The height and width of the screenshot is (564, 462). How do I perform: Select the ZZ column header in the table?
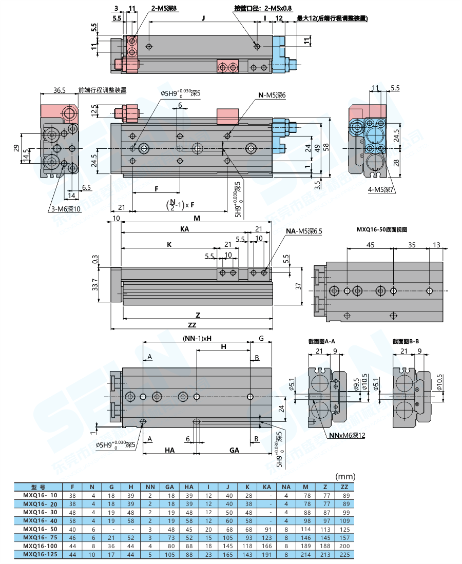pos(344,487)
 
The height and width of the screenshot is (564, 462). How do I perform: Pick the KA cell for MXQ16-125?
pos(266,554)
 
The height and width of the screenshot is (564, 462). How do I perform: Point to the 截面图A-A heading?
pos(321,341)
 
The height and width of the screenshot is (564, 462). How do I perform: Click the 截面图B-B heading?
pos(406,341)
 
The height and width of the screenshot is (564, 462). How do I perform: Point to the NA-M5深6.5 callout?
pos(304,232)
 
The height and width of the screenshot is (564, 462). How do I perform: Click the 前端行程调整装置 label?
pos(102,90)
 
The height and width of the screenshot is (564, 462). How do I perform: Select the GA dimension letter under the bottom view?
pos(234,450)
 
